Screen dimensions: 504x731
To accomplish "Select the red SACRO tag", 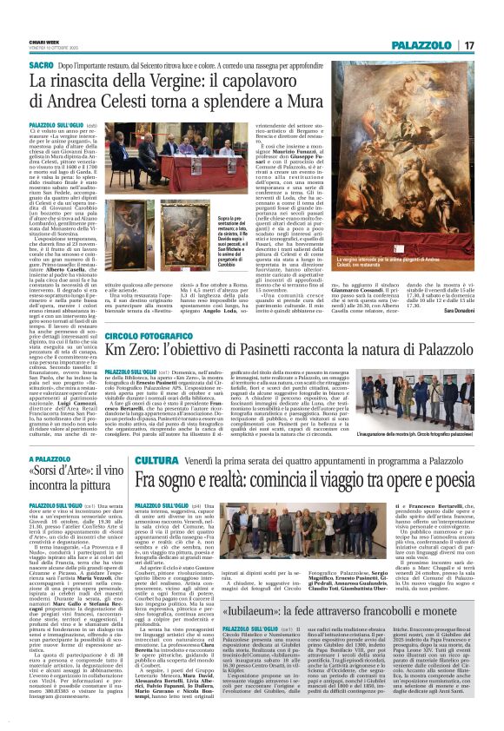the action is (40, 64).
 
